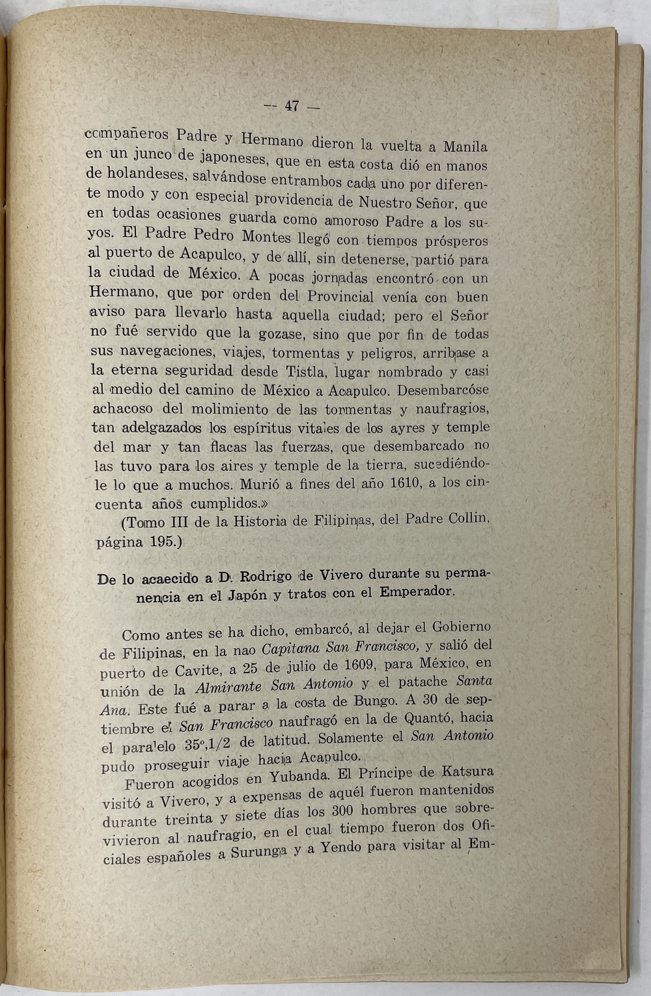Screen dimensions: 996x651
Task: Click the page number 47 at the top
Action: (x=291, y=106)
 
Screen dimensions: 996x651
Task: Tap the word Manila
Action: (x=465, y=146)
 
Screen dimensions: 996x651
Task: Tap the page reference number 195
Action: (x=161, y=542)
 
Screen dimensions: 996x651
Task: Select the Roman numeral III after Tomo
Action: (x=171, y=522)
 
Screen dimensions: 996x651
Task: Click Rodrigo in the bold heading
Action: (x=267, y=576)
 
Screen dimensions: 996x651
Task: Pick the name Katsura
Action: (x=467, y=773)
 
